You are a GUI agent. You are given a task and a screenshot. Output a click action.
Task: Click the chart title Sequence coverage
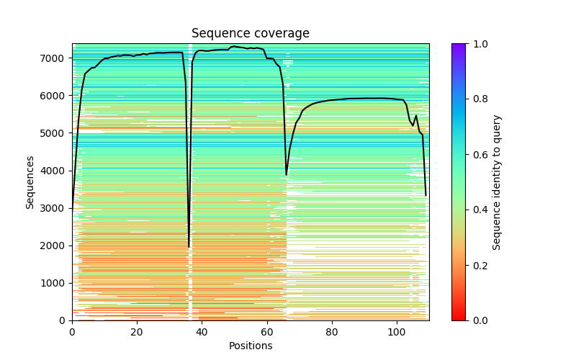pyautogui.click(x=251, y=34)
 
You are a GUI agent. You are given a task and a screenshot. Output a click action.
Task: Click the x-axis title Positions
pyautogui.click(x=251, y=346)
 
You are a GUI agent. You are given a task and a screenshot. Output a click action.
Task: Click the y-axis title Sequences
pyautogui.click(x=30, y=182)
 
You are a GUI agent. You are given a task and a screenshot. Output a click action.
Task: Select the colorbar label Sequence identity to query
pyautogui.click(x=497, y=182)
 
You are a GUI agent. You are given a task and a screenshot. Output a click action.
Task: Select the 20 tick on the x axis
pyautogui.click(x=137, y=332)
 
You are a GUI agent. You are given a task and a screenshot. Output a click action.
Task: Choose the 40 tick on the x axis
pyautogui.click(x=202, y=332)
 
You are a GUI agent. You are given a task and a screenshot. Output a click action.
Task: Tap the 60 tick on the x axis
pyautogui.click(x=267, y=332)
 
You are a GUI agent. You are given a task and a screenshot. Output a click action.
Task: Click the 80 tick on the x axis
pyautogui.click(x=332, y=332)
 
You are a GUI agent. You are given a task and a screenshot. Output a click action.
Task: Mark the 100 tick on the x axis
pyautogui.click(x=397, y=332)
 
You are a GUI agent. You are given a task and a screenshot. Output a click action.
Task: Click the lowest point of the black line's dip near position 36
pyautogui.click(x=189, y=247)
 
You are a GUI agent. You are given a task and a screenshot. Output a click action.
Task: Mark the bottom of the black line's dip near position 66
pyautogui.click(x=287, y=175)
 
